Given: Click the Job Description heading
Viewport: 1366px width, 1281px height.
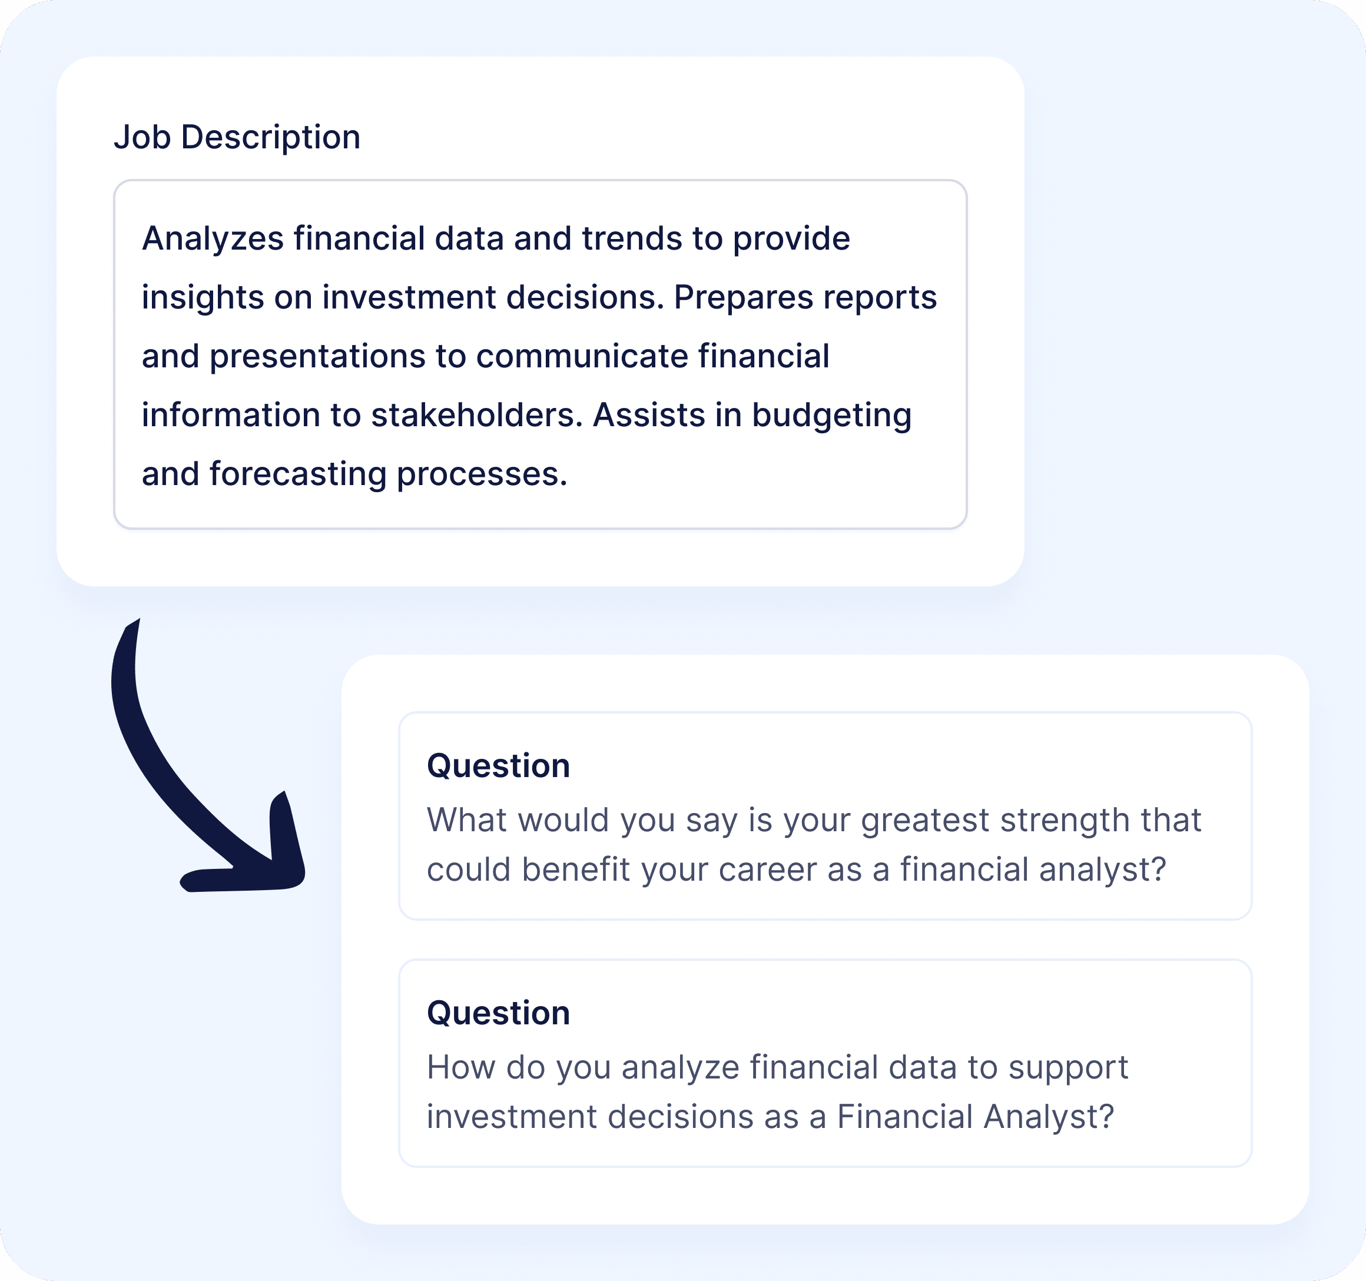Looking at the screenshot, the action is (237, 137).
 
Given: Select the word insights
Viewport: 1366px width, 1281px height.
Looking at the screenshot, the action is (203, 297).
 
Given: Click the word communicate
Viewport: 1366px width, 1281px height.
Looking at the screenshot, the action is (582, 357).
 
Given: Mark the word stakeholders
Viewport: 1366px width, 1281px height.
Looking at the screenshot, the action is (477, 415).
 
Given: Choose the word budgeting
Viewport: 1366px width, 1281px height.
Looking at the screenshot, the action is (831, 416).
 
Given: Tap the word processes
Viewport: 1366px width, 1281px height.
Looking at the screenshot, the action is (482, 475).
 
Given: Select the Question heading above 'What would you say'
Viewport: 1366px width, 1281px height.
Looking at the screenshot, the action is (499, 766).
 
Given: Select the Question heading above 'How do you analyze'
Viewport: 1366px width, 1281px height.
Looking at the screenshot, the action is (499, 1013).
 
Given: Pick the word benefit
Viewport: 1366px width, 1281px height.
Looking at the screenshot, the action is (576, 870).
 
